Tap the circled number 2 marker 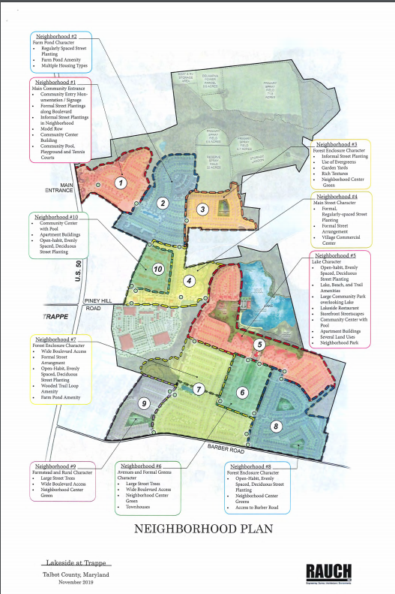pos(161,203)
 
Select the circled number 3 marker pos(202,209)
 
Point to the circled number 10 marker pos(158,269)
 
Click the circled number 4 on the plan pos(190,281)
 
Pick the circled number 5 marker pos(259,345)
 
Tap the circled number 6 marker pos(242,392)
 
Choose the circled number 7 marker pos(199,389)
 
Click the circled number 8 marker pos(275,427)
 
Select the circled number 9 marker pos(145,403)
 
